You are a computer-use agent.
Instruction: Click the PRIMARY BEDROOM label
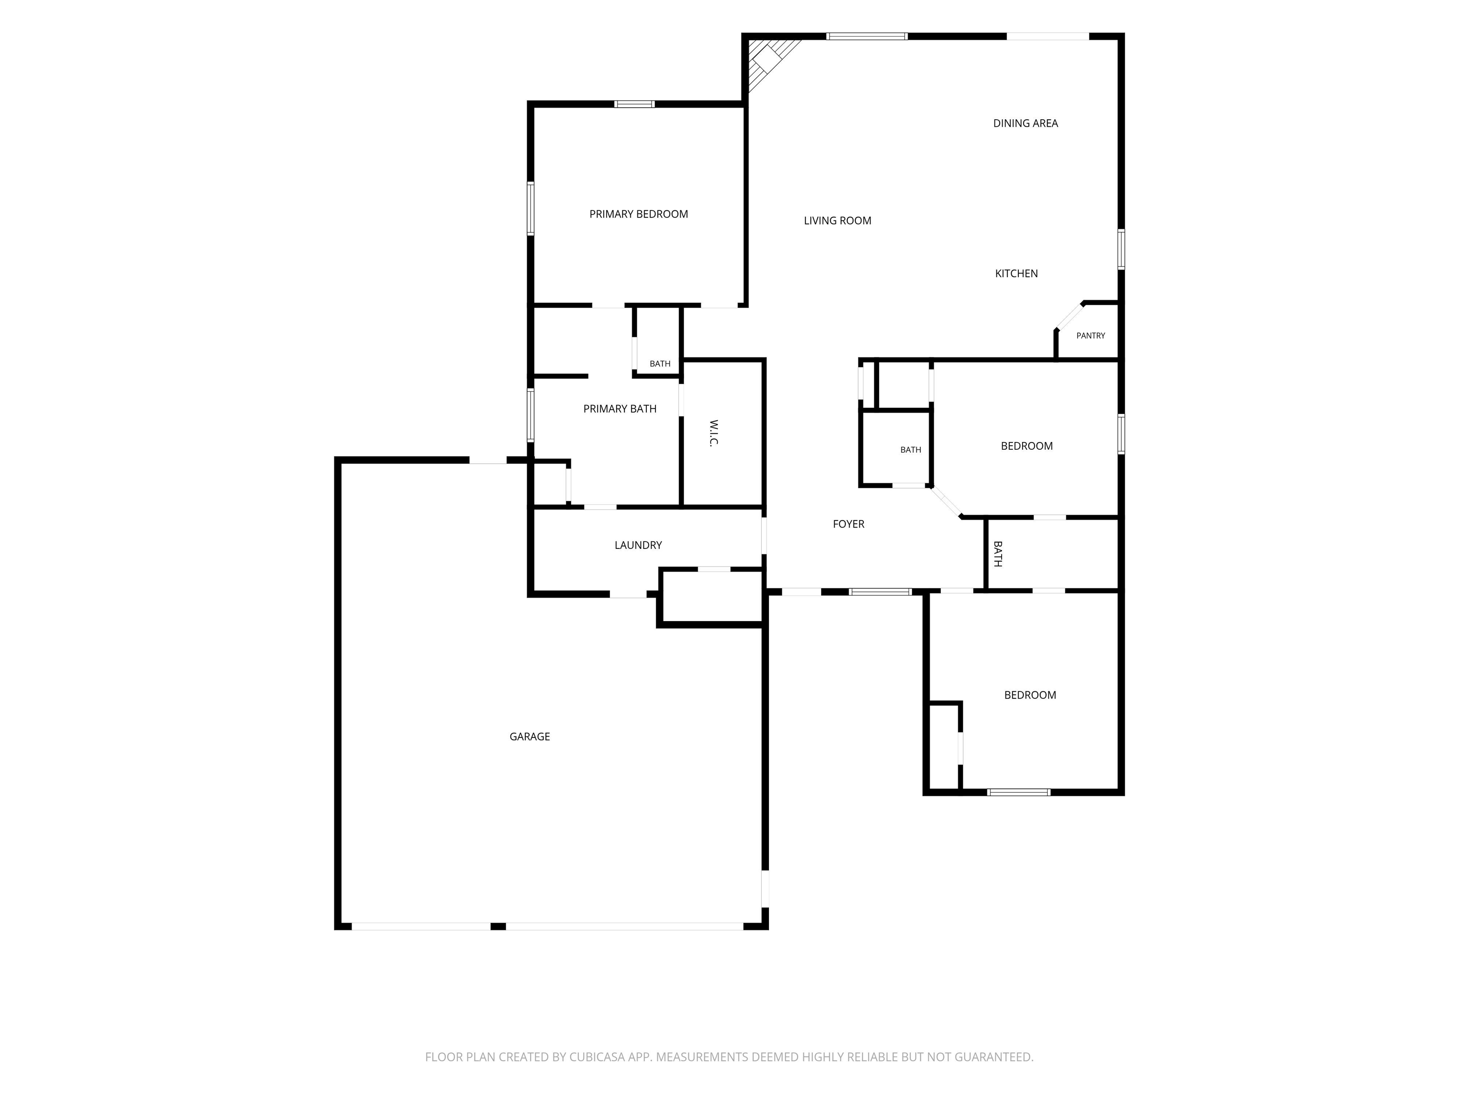tap(638, 214)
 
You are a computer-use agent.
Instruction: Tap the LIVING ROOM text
tap(838, 221)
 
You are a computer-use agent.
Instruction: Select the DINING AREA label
tap(1026, 123)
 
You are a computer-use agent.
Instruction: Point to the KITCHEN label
tap(1016, 273)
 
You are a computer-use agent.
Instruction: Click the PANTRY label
tap(1091, 336)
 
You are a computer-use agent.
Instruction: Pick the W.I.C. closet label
tap(713, 433)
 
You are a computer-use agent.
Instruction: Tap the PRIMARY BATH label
tap(620, 409)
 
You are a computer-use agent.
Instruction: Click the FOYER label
tap(849, 524)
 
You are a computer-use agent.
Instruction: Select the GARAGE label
tap(530, 736)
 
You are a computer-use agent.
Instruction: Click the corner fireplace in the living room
tap(770, 62)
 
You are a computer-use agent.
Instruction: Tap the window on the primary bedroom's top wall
tap(635, 104)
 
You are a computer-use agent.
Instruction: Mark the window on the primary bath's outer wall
tap(531, 415)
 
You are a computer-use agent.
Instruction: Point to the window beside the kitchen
tap(1121, 249)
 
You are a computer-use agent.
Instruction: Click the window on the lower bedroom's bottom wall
tap(1018, 792)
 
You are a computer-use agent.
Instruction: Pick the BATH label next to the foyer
tap(998, 554)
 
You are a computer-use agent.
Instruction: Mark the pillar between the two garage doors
tap(498, 926)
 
